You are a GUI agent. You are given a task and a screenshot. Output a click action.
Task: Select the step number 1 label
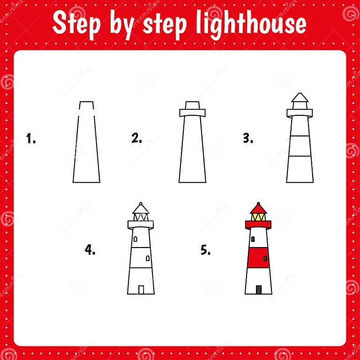click(31, 139)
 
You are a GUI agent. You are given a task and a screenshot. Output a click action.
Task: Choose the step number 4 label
click(90, 250)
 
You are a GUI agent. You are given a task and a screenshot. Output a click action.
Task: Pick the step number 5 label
click(206, 250)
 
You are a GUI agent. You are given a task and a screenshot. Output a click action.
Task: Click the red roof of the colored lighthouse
click(258, 209)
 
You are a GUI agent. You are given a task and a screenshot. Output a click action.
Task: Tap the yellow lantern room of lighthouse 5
click(258, 217)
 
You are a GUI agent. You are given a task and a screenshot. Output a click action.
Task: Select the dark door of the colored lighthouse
click(259, 290)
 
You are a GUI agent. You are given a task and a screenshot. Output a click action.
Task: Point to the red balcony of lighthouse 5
click(258, 225)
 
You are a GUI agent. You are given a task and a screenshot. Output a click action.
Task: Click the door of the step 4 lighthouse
click(141, 290)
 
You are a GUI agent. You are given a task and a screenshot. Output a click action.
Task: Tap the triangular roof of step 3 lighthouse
click(300, 97)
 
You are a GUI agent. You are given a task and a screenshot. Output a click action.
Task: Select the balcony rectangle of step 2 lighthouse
click(192, 113)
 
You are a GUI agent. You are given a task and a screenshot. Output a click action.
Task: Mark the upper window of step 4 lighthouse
click(135, 239)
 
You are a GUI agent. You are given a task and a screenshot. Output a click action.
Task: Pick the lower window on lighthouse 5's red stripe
click(265, 258)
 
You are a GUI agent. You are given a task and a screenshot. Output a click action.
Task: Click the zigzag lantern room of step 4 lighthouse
click(141, 217)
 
